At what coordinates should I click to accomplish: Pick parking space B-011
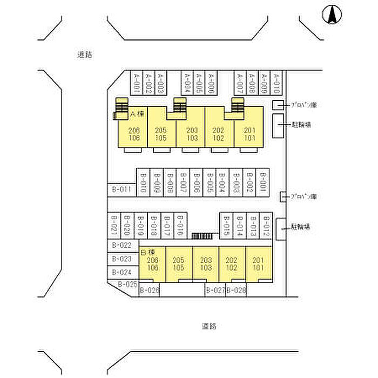[x=122, y=190]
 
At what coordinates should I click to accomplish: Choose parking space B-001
[x=263, y=183]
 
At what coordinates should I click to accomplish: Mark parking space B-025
[x=127, y=284]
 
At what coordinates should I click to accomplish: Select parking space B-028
[x=236, y=291]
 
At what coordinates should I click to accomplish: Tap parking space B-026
[x=150, y=291]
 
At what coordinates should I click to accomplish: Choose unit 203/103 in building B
[x=205, y=264]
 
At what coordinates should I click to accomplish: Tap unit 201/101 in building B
[x=259, y=264]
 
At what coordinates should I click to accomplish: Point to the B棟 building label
[x=147, y=252]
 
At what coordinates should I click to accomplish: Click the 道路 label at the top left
[x=84, y=55]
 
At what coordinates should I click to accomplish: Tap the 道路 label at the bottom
[x=209, y=326]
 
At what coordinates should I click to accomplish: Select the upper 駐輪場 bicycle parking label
[x=300, y=125]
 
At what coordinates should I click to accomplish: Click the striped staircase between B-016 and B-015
[x=202, y=235]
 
